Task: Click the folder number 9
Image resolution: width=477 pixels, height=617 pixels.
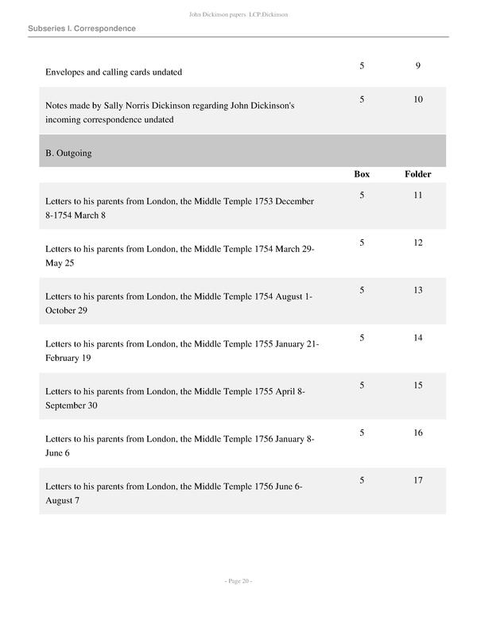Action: (x=417, y=65)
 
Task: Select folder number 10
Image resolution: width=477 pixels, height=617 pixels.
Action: (x=417, y=99)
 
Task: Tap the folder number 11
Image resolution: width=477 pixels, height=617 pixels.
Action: (x=417, y=195)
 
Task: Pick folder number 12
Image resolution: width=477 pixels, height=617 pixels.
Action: (x=417, y=243)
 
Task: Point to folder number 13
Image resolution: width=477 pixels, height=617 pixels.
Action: (x=417, y=290)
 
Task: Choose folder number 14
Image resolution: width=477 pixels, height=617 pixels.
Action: (x=417, y=338)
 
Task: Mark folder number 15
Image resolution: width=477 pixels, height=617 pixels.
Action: (x=417, y=386)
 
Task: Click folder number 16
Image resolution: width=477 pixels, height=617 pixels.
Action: (x=417, y=433)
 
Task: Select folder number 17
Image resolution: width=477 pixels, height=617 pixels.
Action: (x=417, y=481)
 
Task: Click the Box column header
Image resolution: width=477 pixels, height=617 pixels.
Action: (x=362, y=174)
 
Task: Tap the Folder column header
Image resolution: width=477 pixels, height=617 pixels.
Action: (x=417, y=174)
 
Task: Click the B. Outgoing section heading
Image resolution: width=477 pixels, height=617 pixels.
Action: (x=68, y=153)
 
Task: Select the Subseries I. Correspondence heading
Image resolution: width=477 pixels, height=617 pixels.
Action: (x=81, y=29)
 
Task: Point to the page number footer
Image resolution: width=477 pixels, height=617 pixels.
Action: (x=238, y=581)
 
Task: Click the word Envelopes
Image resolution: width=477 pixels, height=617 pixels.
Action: (x=65, y=72)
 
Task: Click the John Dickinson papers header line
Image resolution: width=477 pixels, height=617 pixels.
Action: (x=238, y=14)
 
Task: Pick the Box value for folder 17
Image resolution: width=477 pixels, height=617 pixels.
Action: (x=362, y=481)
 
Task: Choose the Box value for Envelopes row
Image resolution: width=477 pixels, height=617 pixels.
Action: (x=362, y=65)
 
